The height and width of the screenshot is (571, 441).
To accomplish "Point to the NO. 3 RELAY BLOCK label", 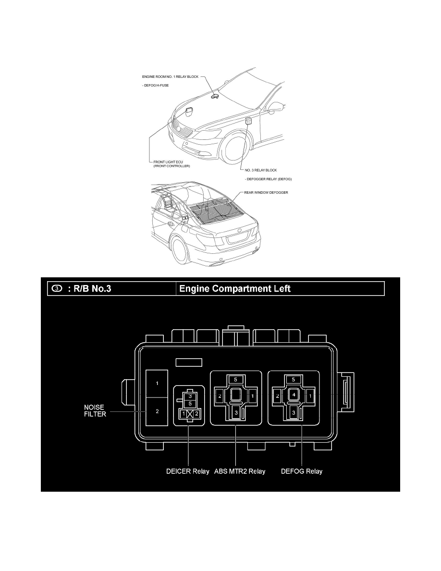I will pyautogui.click(x=260, y=170).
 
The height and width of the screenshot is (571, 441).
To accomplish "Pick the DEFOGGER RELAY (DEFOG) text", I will pyautogui.click(x=269, y=179).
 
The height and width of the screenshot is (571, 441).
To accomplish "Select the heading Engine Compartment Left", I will pyautogui.click(x=234, y=289).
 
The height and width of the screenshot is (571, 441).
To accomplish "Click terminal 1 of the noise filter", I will pyautogui.click(x=157, y=384).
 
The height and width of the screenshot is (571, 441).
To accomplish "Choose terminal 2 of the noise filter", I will pyautogui.click(x=157, y=412).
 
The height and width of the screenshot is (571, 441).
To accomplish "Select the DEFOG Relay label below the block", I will pyautogui.click(x=302, y=471).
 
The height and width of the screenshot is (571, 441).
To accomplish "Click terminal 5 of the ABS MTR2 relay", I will pyautogui.click(x=235, y=379).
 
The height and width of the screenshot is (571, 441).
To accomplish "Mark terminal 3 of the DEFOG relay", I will pyautogui.click(x=293, y=412).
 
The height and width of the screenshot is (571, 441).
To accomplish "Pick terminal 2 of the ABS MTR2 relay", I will pyautogui.click(x=219, y=396).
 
